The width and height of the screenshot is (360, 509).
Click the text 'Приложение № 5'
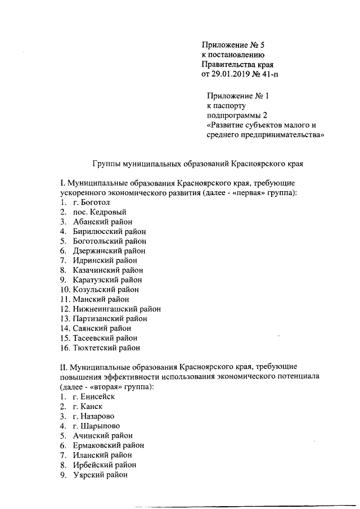231,44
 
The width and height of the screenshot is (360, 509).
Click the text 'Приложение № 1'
238,96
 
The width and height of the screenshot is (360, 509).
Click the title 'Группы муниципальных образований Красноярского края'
197,163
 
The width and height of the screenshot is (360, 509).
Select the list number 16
64,348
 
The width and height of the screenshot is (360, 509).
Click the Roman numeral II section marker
63,367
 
